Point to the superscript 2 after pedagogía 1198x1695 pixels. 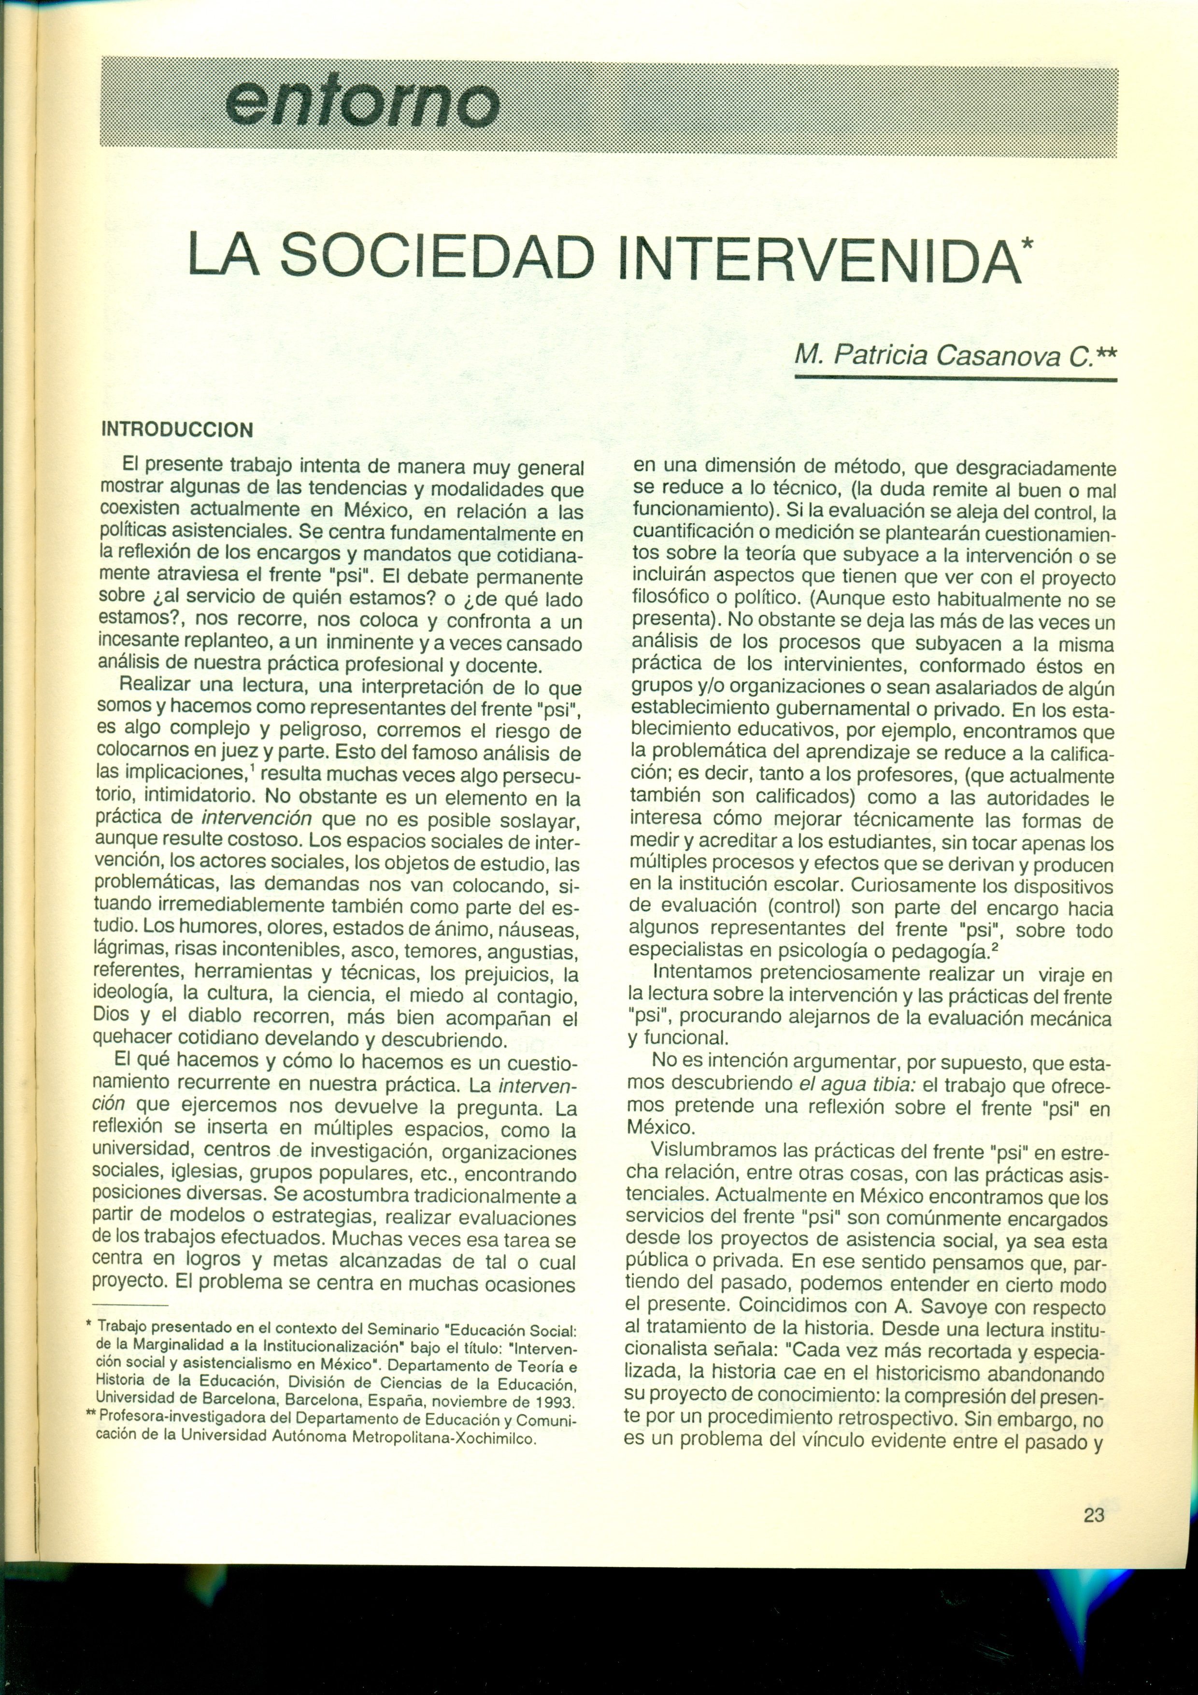coord(997,946)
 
